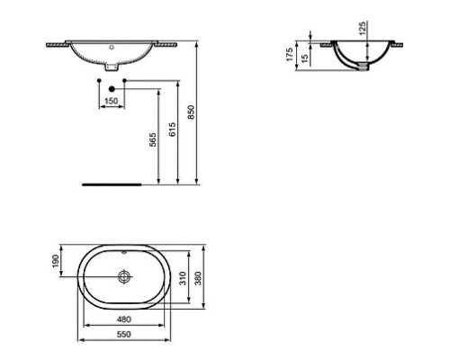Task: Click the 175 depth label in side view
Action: (291, 53)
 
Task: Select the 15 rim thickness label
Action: (306, 58)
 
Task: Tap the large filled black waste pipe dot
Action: (111, 88)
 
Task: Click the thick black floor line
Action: (112, 183)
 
